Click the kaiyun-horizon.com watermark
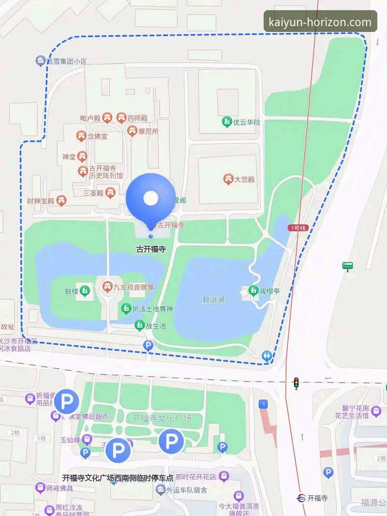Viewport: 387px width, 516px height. tap(320, 22)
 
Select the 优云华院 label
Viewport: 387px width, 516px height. tap(247, 122)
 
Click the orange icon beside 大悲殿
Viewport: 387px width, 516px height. tap(228, 180)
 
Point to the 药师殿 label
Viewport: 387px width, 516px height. tap(137, 118)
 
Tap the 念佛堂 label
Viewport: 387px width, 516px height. tap(98, 137)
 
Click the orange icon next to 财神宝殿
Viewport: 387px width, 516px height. tap(61, 200)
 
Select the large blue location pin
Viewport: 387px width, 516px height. tap(150, 199)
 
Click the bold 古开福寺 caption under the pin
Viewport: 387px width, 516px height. tap(150, 250)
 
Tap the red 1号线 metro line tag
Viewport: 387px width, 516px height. tap(298, 228)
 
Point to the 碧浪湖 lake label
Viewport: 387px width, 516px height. tap(213, 300)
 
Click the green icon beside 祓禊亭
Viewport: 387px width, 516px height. tap(253, 291)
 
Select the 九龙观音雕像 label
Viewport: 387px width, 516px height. tap(134, 288)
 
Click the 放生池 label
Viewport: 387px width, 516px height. tap(156, 326)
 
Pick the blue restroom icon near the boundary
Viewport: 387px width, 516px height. tap(267, 356)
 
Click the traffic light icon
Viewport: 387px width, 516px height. tap(296, 383)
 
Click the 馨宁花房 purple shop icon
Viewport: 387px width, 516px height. tap(376, 411)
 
